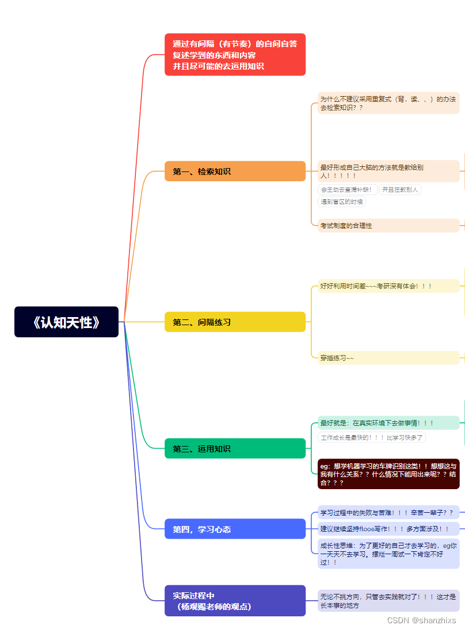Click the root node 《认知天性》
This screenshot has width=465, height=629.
click(66, 322)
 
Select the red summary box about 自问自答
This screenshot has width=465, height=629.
click(235, 55)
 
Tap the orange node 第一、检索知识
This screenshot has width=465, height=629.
click(235, 171)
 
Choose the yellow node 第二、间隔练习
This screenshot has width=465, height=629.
click(235, 322)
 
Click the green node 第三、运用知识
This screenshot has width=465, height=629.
click(235, 449)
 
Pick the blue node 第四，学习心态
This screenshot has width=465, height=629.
click(235, 529)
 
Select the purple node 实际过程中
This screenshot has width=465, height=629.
click(235, 601)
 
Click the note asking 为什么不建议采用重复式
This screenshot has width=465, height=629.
click(388, 103)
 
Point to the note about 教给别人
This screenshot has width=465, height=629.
click(388, 171)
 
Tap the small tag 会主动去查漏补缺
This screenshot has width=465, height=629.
click(348, 189)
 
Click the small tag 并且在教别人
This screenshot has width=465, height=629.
click(401, 189)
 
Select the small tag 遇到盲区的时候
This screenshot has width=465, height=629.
click(342, 201)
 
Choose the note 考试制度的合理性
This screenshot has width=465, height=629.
click(388, 226)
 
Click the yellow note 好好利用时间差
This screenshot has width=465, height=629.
click(388, 286)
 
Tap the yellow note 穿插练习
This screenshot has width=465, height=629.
click(388, 358)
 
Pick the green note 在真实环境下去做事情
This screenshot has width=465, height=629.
click(388, 423)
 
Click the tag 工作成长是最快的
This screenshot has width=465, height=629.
click(372, 437)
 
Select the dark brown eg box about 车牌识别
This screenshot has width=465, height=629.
click(388, 474)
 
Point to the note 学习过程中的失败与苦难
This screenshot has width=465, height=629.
click(388, 512)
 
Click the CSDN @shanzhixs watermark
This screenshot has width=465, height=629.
click(422, 620)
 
